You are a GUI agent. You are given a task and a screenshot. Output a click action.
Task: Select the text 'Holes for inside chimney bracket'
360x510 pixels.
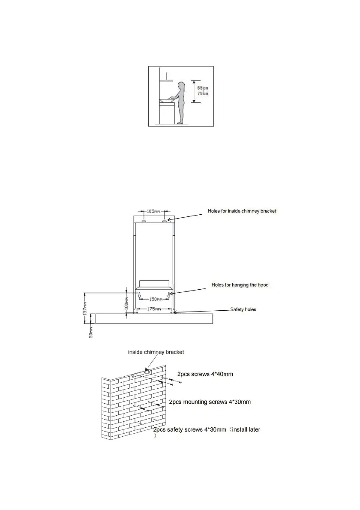pos(242,211)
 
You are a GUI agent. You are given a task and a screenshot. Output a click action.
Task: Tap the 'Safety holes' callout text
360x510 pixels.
pos(243,309)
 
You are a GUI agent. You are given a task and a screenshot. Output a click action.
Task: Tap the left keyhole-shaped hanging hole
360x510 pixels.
pos(139,295)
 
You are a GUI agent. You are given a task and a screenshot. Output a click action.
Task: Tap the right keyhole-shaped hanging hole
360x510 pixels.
pos(170,295)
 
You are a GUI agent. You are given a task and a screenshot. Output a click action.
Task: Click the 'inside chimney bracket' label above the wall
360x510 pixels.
pos(156,352)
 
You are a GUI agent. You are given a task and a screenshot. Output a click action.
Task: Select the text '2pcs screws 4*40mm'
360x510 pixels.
pos(205,374)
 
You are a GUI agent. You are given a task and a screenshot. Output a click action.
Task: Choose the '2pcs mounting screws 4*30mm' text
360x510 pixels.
pos(210,402)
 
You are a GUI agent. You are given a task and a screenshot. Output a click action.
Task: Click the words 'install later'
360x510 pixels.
pos(245,429)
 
